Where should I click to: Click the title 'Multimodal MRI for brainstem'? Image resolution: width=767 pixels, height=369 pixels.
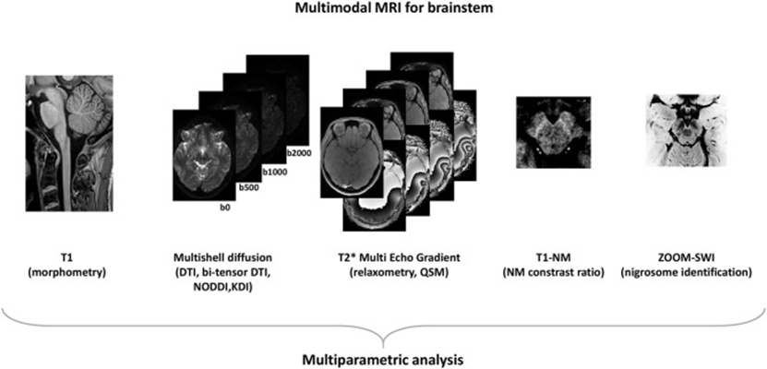coord(382,9)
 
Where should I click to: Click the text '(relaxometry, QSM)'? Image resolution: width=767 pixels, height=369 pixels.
coord(386,260)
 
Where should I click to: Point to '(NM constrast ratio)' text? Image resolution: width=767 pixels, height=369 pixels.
coord(545,260)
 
